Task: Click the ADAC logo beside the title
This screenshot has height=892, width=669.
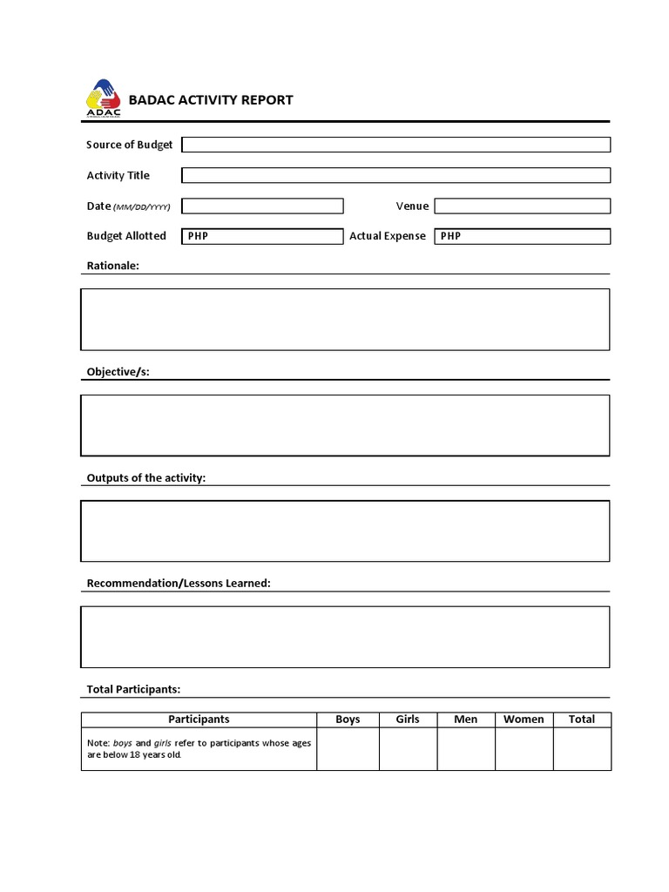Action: [103, 98]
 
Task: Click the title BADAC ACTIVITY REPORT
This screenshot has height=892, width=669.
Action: [211, 100]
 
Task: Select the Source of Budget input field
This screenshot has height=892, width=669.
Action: [395, 145]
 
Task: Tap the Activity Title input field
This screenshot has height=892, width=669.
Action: [395, 175]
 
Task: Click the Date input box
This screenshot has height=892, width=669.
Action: [262, 206]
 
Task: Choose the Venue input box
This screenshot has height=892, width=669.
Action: [523, 206]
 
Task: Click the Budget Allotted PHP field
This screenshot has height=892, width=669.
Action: [262, 236]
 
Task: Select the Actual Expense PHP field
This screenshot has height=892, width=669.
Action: [523, 236]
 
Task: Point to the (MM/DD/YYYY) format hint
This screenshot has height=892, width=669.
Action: [142, 207]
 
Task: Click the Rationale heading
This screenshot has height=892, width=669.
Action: [112, 266]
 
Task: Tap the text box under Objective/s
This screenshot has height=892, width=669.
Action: [345, 425]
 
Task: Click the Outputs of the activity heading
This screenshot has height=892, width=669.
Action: [145, 478]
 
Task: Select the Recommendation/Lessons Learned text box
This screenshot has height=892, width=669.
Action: [345, 637]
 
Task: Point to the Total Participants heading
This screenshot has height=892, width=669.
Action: [133, 689]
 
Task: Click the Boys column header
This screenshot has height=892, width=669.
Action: [348, 720]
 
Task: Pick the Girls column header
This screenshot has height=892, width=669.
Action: [408, 720]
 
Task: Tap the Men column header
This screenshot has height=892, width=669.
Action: [466, 720]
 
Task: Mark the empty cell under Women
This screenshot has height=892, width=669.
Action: [524, 749]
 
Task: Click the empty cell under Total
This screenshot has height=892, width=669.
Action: [582, 749]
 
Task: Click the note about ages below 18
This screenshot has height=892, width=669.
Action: [199, 748]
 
